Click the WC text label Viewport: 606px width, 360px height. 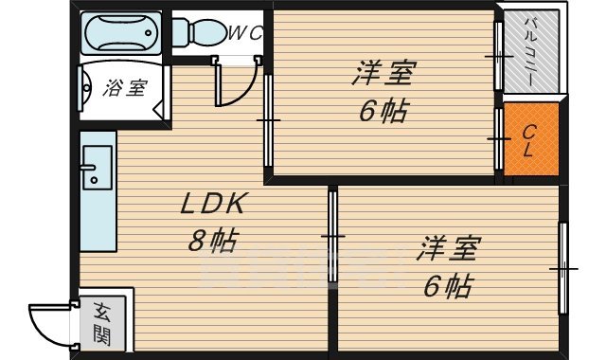pos(245,33)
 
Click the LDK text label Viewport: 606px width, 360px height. pos(214,204)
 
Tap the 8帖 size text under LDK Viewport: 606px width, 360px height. pos(210,241)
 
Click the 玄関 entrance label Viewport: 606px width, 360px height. pos(102,322)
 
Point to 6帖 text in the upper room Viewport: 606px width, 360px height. pos(383,111)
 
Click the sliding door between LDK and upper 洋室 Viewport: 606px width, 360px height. pos(268,121)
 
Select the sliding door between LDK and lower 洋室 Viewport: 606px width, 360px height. pos(332,235)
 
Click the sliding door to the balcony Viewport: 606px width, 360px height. pos(498,57)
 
